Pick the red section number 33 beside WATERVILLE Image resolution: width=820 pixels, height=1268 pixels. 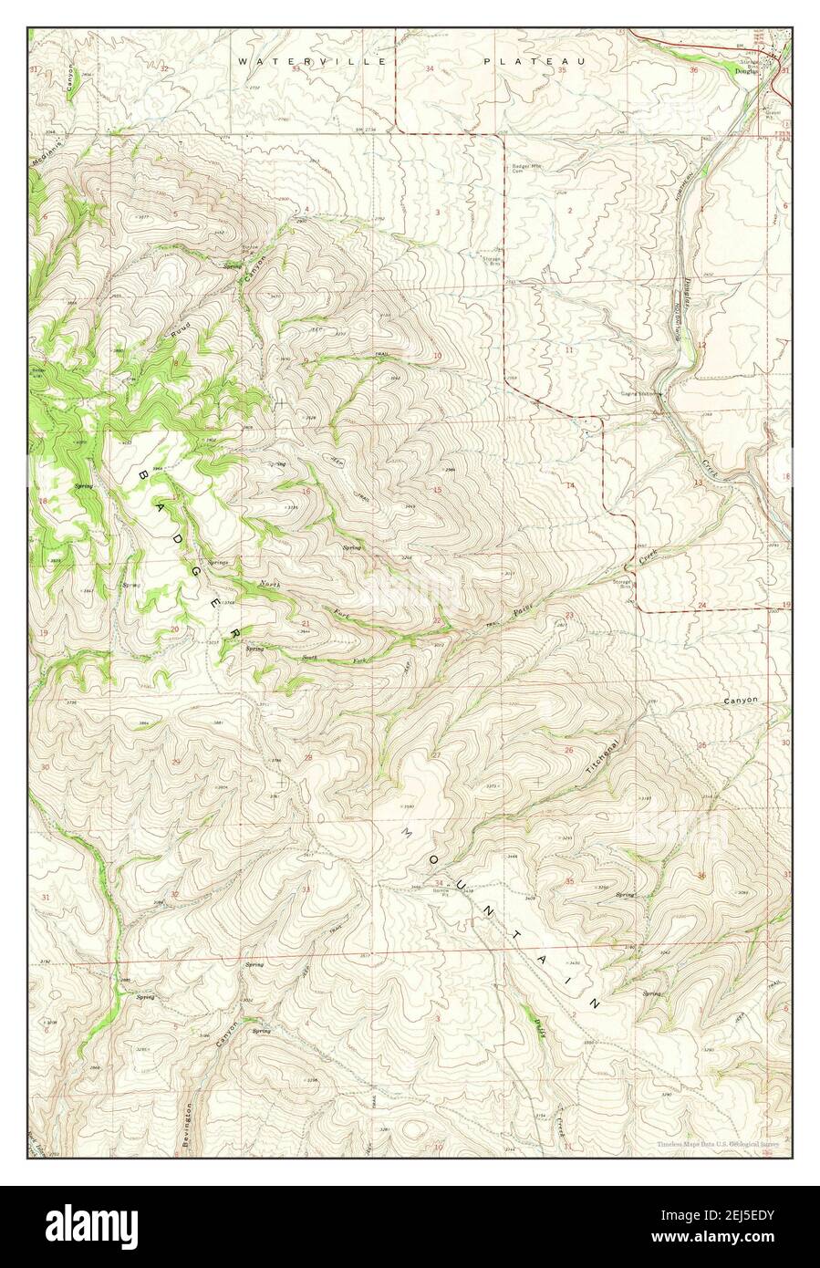pyautogui.click(x=296, y=68)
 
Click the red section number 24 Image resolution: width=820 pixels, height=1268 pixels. pyautogui.click(x=702, y=605)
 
